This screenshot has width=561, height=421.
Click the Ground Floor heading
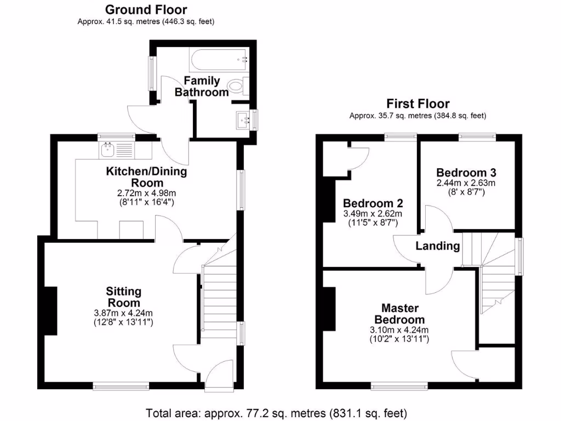tap(146, 9)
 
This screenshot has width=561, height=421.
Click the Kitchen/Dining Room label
tap(146, 177)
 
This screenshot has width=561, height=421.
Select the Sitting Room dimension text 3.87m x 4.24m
tap(123, 313)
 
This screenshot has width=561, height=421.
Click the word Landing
tap(437, 246)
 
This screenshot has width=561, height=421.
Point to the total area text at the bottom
tap(277, 412)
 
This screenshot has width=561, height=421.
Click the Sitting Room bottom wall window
tap(121, 386)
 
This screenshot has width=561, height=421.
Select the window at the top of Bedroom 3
tap(477, 136)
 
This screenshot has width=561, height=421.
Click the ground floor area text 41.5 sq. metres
tap(146, 22)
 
